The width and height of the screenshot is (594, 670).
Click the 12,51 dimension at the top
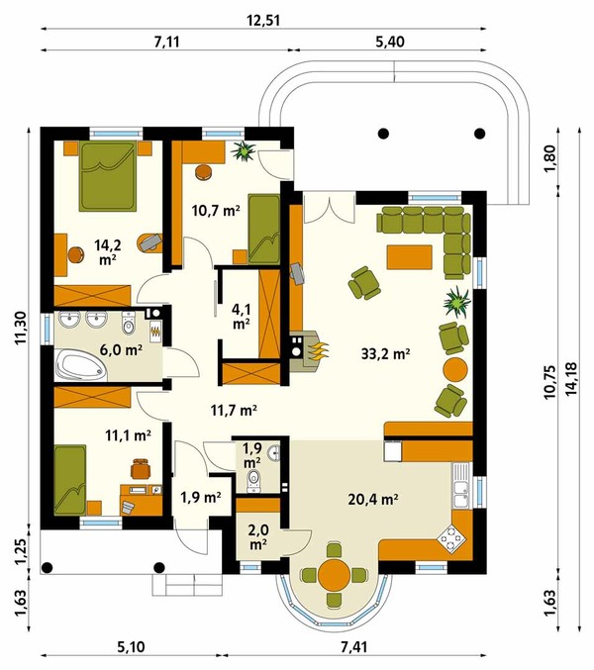click(263, 20)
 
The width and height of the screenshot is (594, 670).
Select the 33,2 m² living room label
click(386, 353)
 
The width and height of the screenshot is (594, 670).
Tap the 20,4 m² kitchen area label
click(373, 499)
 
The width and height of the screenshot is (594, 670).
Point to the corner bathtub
click(80, 365)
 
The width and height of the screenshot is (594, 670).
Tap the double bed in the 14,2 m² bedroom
click(108, 176)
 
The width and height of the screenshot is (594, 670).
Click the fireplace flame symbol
click(317, 350)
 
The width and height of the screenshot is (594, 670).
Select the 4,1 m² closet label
click(242, 317)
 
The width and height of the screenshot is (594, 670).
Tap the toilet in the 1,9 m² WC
click(253, 482)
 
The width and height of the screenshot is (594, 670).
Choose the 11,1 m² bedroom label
click(128, 435)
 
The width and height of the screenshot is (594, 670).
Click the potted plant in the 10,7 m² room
click(244, 150)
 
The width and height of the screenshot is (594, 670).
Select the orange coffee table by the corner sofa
click(410, 256)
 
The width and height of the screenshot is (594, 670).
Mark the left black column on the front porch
click(47, 567)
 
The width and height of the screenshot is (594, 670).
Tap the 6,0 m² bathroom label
click(121, 349)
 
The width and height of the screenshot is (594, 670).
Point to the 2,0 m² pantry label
click(258, 536)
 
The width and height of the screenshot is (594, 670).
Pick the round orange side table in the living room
click(455, 370)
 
